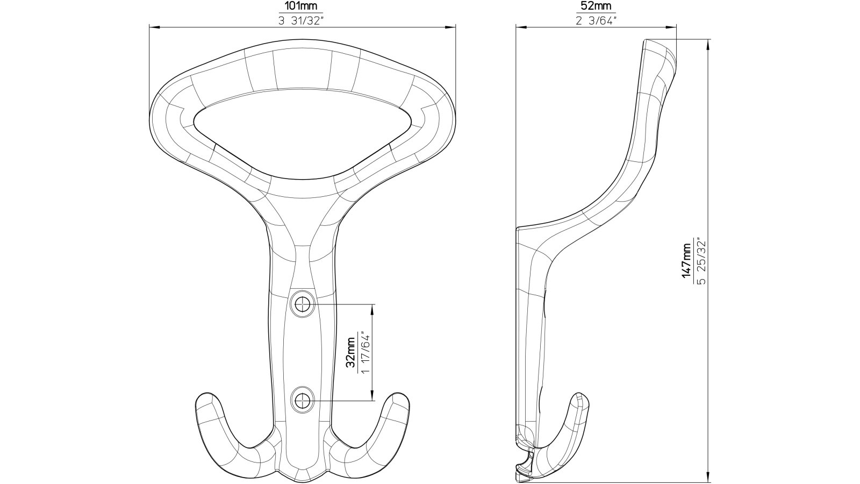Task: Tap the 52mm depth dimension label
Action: click(x=596, y=6)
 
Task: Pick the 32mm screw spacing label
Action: click(x=350, y=353)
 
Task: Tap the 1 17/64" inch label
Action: click(x=365, y=353)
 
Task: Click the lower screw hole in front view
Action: click(x=303, y=400)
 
